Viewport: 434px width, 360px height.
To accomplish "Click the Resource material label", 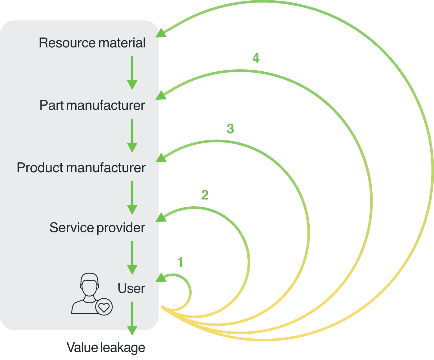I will click(x=92, y=43).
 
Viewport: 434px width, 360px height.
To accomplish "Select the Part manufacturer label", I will click(x=92, y=105).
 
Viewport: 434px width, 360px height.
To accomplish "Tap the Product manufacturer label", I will click(x=81, y=168).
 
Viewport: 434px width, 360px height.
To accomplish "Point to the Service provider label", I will click(x=97, y=228).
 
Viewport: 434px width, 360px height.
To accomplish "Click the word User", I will click(x=131, y=288).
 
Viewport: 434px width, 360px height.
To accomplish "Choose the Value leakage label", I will click(x=106, y=347).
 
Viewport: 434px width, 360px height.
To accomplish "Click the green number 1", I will click(x=180, y=262).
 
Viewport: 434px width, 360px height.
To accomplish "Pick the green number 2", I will click(x=205, y=195).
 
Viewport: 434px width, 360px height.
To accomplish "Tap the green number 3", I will click(x=230, y=129).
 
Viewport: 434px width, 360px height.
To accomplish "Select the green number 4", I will click(x=256, y=58).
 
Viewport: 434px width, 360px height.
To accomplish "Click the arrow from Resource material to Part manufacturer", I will click(x=132, y=73).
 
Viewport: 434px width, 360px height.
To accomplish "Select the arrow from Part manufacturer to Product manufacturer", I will click(x=132, y=135).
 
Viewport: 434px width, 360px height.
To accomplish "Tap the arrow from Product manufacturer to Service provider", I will click(x=132, y=198).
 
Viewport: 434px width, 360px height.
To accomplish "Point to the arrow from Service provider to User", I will click(x=132, y=258).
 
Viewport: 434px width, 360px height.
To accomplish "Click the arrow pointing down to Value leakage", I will click(x=132, y=318).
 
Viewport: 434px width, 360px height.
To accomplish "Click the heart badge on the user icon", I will click(x=104, y=307).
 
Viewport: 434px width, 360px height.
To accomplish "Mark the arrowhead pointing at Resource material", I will click(x=161, y=33).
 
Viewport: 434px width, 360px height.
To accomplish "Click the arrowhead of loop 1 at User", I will click(x=161, y=278).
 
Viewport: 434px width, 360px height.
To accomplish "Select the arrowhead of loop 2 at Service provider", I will click(x=161, y=217).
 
